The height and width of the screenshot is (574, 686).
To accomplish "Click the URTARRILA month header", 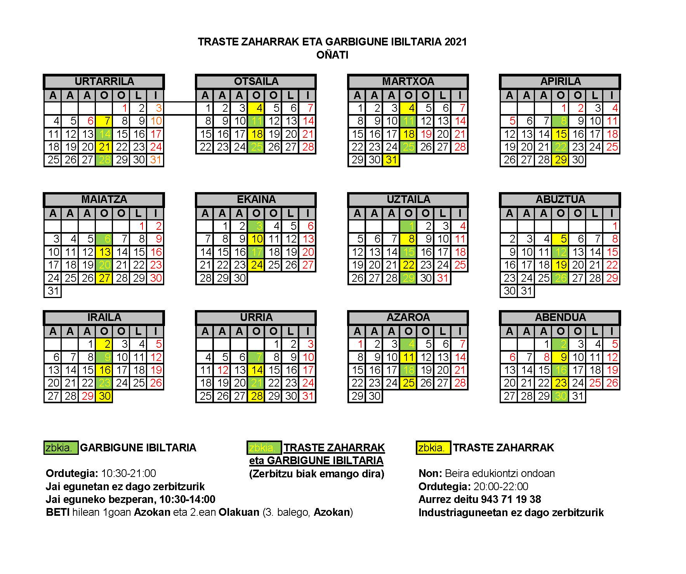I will tap(104, 82).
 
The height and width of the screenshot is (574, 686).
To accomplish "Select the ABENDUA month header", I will tap(560, 317).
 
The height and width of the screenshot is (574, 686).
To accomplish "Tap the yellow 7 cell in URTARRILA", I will tap(104, 121).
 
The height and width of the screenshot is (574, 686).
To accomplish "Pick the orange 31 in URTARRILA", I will tap(155, 160).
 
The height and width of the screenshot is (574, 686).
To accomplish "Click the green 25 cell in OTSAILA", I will tap(256, 147).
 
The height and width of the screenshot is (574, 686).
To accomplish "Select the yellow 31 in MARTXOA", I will tap(391, 160).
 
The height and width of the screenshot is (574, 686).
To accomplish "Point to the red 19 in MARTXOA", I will tap(426, 134).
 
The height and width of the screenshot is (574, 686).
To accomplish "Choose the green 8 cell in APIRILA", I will tap(561, 121).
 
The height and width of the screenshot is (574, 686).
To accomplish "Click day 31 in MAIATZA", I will tap(53, 291).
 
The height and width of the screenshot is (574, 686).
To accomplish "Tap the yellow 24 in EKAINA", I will tap(256, 265).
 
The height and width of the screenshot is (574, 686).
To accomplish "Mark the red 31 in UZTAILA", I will tap(443, 278).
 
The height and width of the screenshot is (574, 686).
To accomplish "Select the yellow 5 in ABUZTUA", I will tap(561, 239).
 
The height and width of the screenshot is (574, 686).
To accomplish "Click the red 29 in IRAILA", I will tap(87, 396).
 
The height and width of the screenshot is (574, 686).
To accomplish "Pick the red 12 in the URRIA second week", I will tap(222, 370).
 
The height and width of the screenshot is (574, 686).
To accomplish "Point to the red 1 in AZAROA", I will tap(358, 344).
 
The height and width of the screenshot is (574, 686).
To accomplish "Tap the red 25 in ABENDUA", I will tap(595, 383).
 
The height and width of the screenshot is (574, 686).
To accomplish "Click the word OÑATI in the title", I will tap(332, 55).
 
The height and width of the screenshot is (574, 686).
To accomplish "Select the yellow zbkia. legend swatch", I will tap(433, 448).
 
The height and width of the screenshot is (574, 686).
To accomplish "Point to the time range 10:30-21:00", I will tap(129, 473).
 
